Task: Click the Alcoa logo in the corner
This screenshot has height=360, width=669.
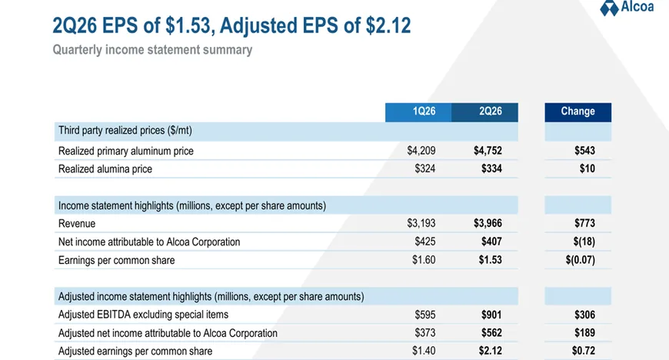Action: (627, 8)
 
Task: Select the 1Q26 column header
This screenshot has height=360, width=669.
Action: (424, 112)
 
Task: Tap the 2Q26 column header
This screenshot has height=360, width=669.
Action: (491, 112)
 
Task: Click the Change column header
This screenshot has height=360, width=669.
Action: (577, 112)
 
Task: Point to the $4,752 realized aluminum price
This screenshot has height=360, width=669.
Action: (488, 151)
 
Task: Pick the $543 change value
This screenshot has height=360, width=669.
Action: (584, 151)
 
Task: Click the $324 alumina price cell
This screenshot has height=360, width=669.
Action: (425, 168)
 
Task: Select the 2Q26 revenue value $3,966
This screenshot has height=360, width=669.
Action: (488, 223)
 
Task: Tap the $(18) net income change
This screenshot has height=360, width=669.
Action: (584, 242)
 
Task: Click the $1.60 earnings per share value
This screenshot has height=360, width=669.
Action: (424, 260)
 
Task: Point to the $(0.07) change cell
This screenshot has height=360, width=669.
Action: (581, 260)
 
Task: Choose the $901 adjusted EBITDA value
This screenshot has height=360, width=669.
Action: (491, 315)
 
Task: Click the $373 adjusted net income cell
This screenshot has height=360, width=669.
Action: (425, 332)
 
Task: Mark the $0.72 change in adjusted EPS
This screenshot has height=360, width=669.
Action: (584, 351)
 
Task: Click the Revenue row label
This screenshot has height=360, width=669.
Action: (77, 223)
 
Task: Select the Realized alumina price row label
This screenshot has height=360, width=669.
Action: (105, 169)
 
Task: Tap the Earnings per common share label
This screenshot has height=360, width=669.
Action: (116, 260)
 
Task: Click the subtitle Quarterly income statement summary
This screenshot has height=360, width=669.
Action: (152, 50)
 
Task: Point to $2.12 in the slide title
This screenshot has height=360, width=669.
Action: (388, 25)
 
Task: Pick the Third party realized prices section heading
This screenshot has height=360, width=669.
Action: (125, 130)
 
